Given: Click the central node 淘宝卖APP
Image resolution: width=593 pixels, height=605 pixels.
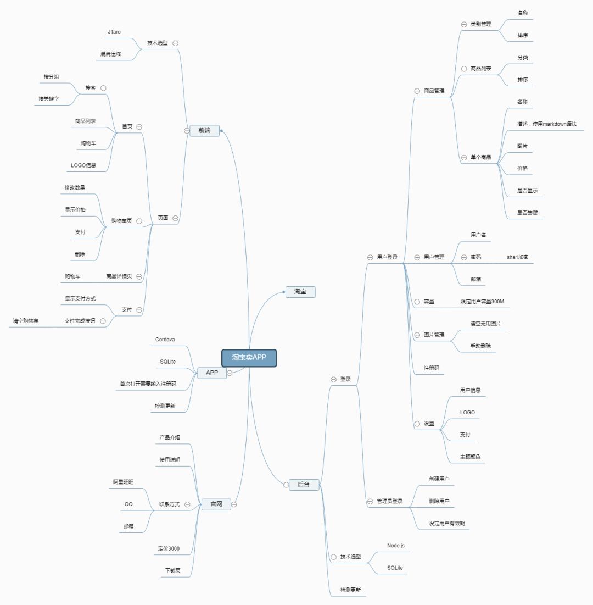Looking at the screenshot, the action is point(249,358).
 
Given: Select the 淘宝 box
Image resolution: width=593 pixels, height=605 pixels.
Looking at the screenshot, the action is point(300,291).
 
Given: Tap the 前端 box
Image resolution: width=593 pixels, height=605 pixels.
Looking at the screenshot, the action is point(204,130).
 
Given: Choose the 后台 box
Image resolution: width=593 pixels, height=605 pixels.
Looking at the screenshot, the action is point(304,484).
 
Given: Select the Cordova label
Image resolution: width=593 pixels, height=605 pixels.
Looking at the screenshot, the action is point(165,340).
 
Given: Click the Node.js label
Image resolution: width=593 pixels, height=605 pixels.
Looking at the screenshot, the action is point(396,545).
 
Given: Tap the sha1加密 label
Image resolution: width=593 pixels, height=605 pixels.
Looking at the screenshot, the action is point(518,257).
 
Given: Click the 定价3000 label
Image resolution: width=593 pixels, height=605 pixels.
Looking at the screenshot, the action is point(169,548).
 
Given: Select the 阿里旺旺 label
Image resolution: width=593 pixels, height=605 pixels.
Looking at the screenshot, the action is point(124,482).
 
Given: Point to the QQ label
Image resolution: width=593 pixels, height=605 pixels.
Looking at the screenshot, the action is point(128,504).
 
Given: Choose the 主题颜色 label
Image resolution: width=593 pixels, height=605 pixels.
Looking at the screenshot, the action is point(472,457).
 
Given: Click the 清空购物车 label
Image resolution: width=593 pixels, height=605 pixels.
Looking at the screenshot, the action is point(26,320).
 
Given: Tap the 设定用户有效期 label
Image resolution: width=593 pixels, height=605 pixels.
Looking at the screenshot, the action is point(447,523).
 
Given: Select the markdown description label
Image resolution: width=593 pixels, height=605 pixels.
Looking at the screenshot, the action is point(546,124).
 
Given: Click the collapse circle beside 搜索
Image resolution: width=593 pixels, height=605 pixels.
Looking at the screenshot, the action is point(103,88).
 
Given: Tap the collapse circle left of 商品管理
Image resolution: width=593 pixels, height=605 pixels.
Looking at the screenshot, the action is point(417,91).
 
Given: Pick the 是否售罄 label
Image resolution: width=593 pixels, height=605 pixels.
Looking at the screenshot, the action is point(527,212).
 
